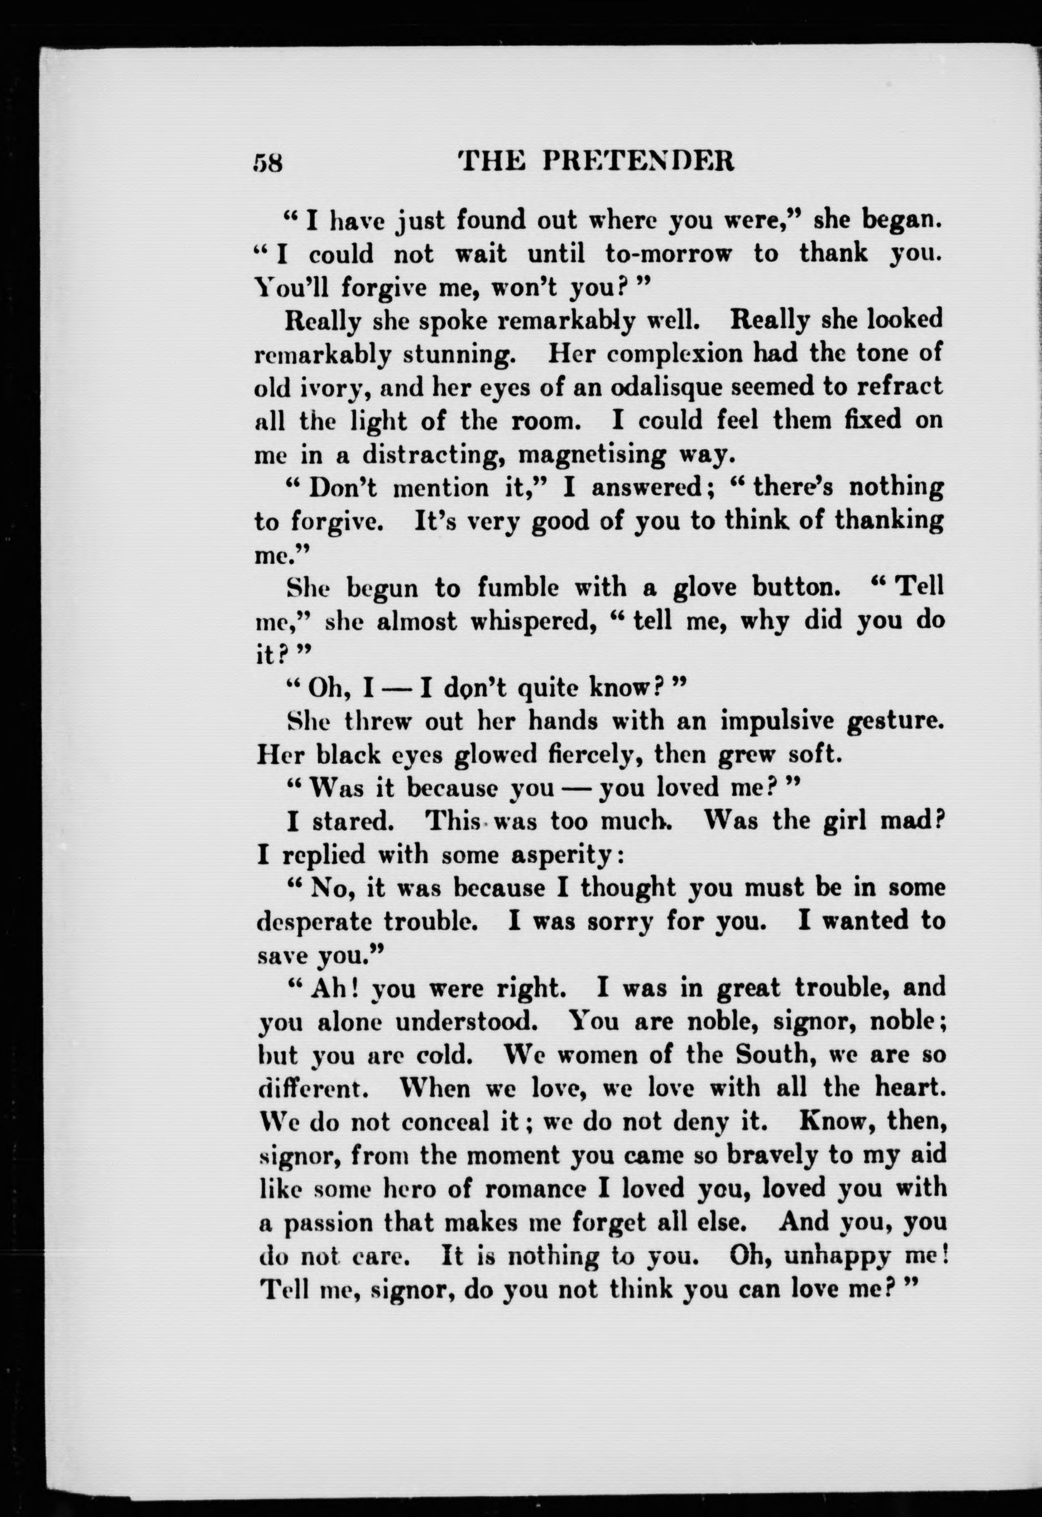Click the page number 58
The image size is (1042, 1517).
coord(268,161)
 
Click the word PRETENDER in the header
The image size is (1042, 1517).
coord(638,161)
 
